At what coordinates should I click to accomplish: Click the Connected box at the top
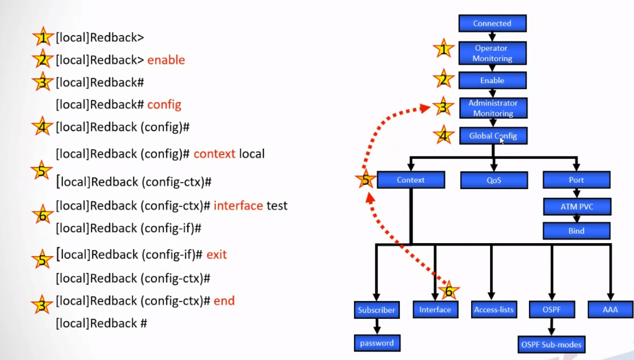click(x=492, y=23)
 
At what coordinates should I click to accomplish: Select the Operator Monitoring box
click(x=492, y=53)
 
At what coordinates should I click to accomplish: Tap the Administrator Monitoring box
click(x=493, y=108)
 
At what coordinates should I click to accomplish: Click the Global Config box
click(x=492, y=136)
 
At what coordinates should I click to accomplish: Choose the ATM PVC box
click(x=577, y=206)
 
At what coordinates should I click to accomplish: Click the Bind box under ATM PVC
click(x=577, y=231)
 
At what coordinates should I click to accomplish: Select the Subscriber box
click(x=377, y=310)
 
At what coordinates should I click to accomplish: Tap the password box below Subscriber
click(x=377, y=343)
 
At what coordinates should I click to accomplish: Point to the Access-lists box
click(x=493, y=310)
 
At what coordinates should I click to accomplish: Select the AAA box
click(x=611, y=310)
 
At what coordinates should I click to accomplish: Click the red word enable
click(x=166, y=60)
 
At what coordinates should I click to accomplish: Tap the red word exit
click(x=216, y=255)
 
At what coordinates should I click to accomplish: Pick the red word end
click(x=224, y=301)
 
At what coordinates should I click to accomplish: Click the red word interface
click(x=238, y=205)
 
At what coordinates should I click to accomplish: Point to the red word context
click(x=214, y=154)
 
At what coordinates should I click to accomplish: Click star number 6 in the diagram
click(x=448, y=292)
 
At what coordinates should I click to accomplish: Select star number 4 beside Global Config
click(x=444, y=135)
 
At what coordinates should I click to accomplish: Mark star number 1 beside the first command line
click(x=43, y=37)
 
